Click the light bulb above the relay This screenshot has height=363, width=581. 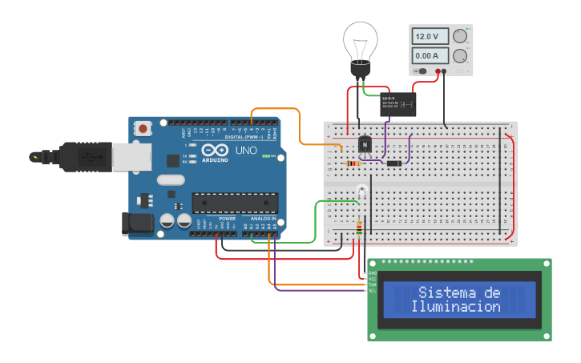360,43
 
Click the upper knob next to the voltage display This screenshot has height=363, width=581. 460,37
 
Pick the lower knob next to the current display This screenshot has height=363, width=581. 460,56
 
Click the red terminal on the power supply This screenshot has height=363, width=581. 438,71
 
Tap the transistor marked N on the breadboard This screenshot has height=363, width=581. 365,144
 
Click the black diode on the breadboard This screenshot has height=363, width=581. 394,163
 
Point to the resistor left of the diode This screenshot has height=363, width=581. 353,164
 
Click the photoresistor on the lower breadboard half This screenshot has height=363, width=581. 361,192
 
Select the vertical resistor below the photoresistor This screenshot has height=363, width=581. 358,230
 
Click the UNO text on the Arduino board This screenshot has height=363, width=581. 245,150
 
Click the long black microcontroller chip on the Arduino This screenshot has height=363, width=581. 235,204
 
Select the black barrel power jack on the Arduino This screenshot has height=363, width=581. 137,224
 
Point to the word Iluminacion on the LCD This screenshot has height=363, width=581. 455,306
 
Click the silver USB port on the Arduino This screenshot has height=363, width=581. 131,157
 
